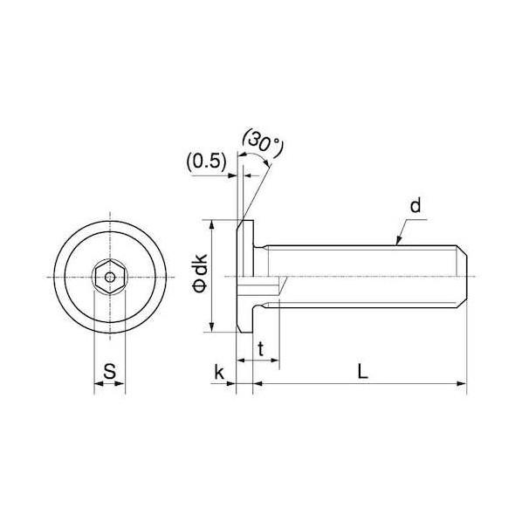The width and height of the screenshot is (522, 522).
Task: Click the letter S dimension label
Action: (109, 372)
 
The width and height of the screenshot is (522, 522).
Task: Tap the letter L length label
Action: (362, 372)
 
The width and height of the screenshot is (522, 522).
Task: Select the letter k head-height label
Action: (219, 372)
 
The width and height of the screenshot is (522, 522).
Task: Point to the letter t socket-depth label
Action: (261, 349)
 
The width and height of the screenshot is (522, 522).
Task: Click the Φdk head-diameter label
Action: (201, 273)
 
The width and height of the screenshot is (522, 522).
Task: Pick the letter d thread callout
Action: (416, 205)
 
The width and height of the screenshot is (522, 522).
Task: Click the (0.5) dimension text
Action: (207, 162)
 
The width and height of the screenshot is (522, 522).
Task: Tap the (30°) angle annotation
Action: (264, 144)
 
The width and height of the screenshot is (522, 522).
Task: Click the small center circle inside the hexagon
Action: (110, 277)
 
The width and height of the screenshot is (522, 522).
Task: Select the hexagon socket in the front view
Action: (110, 277)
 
